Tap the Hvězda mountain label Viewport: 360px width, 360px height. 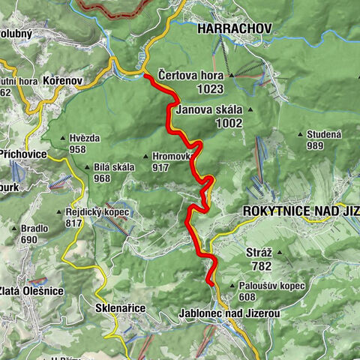[x=84, y=138]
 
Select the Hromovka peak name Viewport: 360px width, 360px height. [x=172, y=157]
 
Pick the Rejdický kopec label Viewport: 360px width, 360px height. [x=97, y=211]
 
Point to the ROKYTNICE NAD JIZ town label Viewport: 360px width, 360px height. [x=301, y=211]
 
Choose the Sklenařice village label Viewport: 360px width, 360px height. [x=120, y=308]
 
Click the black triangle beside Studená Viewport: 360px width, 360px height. [x=298, y=135]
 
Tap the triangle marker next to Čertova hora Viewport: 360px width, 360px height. [x=231, y=75]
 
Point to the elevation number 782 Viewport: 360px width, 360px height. [x=261, y=266]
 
